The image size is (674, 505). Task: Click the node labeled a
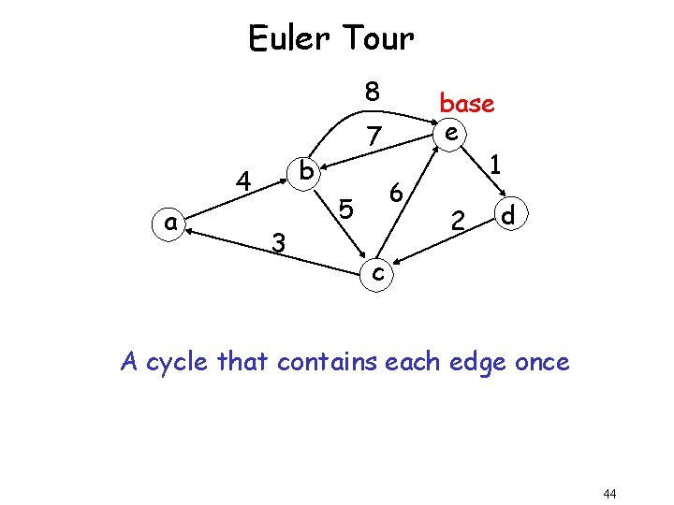pos(169,223)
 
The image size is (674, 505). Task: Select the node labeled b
pos(306,171)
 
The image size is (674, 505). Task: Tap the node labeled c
pos(375,273)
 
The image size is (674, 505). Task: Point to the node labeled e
pos(451,134)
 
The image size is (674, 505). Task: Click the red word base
pos(467,103)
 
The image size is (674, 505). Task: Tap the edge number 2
pos(458,222)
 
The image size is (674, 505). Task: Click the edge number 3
pos(278,243)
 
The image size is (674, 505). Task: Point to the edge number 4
pos(243,180)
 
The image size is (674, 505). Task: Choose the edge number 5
pos(345,209)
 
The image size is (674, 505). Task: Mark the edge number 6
pos(396,194)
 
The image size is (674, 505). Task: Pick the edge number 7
pos(374,137)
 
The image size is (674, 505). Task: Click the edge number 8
pos(373,92)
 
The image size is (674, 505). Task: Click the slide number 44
pos(609,493)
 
